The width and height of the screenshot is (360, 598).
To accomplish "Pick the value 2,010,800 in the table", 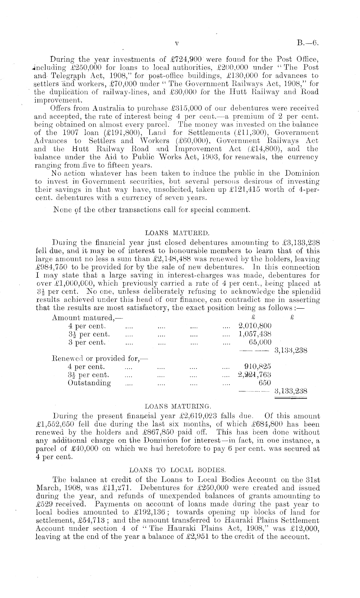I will pyautogui.click(x=255, y=326).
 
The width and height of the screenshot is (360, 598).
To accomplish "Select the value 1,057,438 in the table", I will pyautogui.click(x=255, y=334).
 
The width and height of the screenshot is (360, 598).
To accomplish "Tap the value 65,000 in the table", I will pyautogui.click(x=260, y=342).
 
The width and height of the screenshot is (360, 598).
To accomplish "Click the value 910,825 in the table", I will pyautogui.click(x=258, y=366).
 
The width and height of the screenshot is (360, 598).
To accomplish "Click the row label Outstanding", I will pyautogui.click(x=89, y=383).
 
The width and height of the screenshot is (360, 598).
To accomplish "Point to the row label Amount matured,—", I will pyautogui.click(x=83, y=318).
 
